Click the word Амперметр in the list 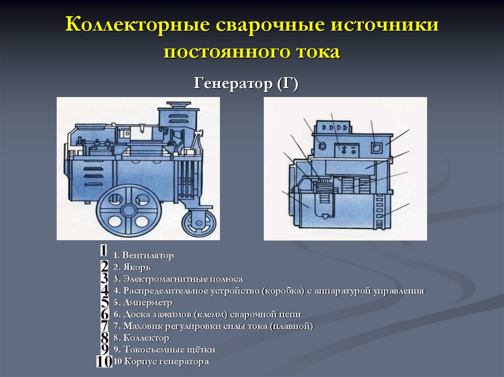pyautogui.click(x=148, y=302)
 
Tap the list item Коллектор pyautogui.click(x=146, y=338)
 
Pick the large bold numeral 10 pyautogui.click(x=104, y=362)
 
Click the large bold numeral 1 pyautogui.click(x=103, y=251)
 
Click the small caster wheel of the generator pyautogui.click(x=199, y=224)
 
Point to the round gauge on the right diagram pyautogui.click(x=321, y=145)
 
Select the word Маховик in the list pyautogui.click(x=139, y=326)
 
